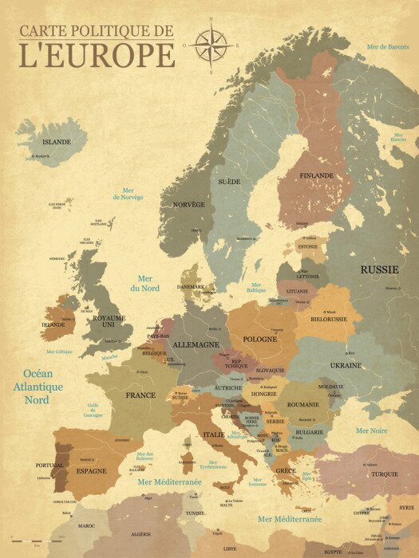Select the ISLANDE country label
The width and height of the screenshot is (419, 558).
(x=57, y=142)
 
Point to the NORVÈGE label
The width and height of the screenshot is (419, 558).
(x=189, y=204)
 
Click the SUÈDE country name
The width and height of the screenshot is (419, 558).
(x=229, y=182)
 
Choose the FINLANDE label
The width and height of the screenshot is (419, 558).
(x=317, y=175)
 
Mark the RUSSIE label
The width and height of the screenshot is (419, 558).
(x=379, y=269)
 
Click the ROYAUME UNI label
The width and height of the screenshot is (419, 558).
(x=109, y=321)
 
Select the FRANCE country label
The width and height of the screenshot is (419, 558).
(x=140, y=395)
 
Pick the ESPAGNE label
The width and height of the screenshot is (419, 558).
(x=91, y=471)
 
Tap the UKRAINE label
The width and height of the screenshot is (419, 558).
(x=346, y=365)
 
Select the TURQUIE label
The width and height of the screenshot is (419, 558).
(x=384, y=474)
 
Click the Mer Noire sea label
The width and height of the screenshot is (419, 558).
(x=372, y=430)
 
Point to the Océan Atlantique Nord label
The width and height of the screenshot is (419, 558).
(x=42, y=387)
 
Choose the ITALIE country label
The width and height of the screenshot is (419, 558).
(x=213, y=434)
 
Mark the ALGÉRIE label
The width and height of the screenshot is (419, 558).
(x=140, y=534)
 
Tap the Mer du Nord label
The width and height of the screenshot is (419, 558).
(x=144, y=283)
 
